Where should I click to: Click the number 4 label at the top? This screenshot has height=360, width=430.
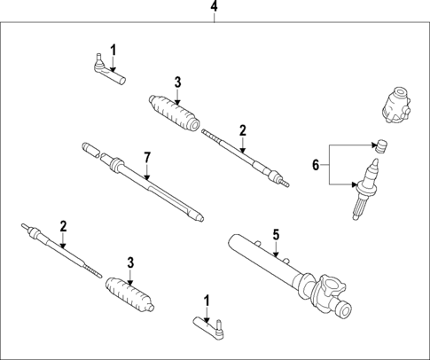coord(214,8)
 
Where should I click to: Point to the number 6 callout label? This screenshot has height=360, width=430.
coord(315,165)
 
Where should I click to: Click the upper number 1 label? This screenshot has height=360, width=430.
coord(113,48)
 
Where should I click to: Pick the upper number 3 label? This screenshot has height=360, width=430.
coord(177,82)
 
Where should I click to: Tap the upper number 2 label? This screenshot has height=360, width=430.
coord(241,129)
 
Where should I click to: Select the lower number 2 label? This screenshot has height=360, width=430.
coord(62,225)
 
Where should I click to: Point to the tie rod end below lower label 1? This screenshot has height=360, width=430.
coord(208,330)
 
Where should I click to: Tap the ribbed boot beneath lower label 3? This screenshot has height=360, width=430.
coord(129,294)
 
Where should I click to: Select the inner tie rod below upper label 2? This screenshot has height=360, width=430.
coord(244,158)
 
